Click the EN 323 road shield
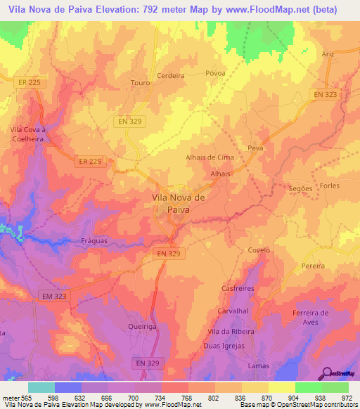(x=325, y=94)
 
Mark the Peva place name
(x=255, y=148)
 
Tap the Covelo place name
(x=259, y=249)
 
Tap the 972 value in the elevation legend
(x=347, y=398)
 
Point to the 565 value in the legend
(x=24, y=398)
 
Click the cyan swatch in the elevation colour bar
(x=41, y=387)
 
